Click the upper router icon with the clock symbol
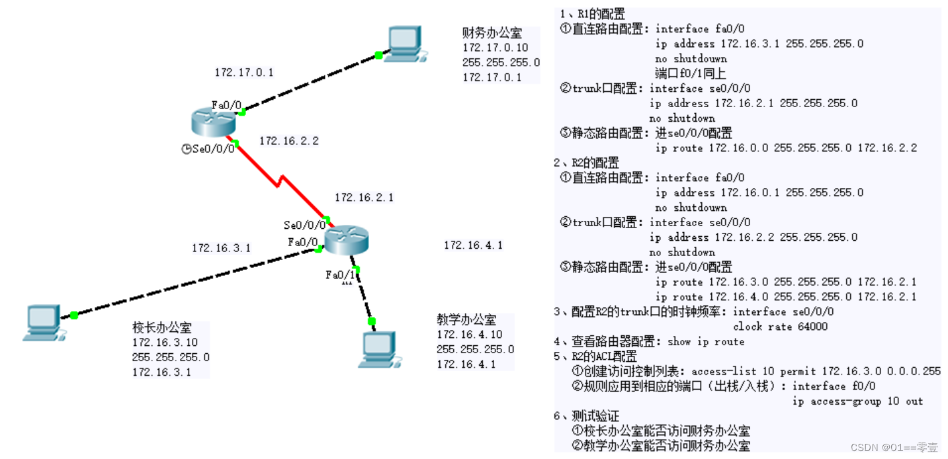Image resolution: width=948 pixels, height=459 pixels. (x=213, y=121)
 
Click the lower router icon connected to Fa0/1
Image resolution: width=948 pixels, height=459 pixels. (x=346, y=239)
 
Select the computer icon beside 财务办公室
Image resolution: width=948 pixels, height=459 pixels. (x=405, y=44)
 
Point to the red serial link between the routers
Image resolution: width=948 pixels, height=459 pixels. (x=280, y=179)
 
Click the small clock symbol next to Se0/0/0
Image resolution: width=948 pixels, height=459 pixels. (x=187, y=149)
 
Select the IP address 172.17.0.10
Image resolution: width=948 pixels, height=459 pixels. (x=495, y=48)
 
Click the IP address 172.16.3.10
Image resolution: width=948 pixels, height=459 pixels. (x=165, y=342)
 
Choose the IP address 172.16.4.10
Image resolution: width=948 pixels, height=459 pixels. (x=469, y=335)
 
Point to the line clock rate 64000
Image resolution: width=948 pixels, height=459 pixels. (x=780, y=327)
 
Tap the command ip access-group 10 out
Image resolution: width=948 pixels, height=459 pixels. (x=857, y=401)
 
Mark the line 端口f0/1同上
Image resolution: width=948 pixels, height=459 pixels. (x=690, y=73)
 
